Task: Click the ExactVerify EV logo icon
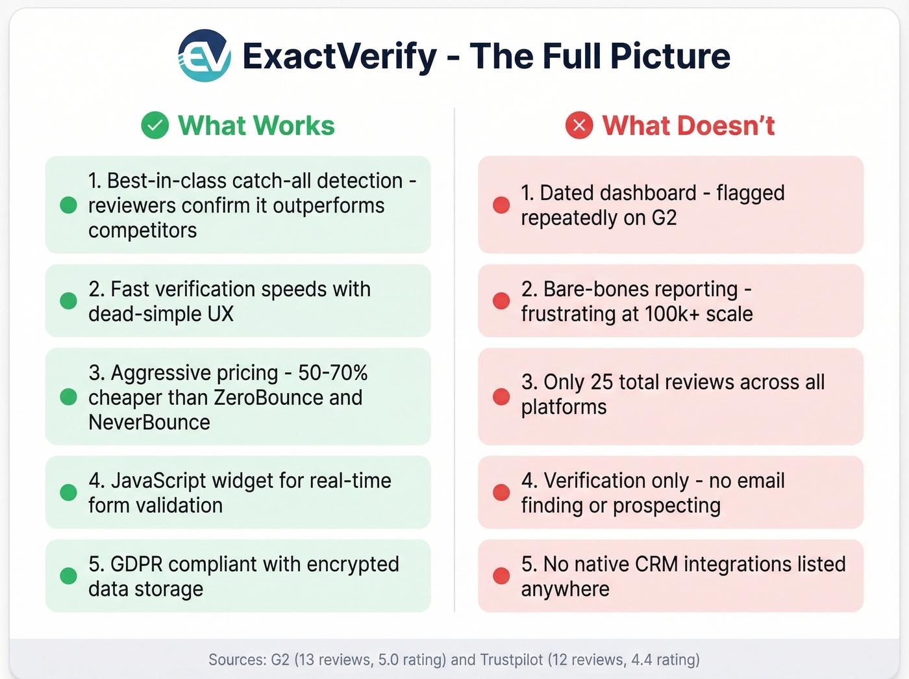[x=205, y=56]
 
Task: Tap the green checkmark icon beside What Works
[x=155, y=125]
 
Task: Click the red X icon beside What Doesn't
[x=579, y=125]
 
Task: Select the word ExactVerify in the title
[x=340, y=57]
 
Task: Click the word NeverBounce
[x=149, y=422]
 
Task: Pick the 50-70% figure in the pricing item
[x=332, y=373]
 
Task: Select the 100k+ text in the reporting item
[x=672, y=314]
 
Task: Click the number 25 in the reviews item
[x=601, y=382]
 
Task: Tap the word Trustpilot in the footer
[x=511, y=660]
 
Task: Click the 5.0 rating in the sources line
[x=388, y=660]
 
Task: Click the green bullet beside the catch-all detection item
[x=68, y=205]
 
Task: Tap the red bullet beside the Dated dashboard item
[x=501, y=205]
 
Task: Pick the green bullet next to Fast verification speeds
[x=68, y=301]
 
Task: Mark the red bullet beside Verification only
[x=501, y=493]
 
